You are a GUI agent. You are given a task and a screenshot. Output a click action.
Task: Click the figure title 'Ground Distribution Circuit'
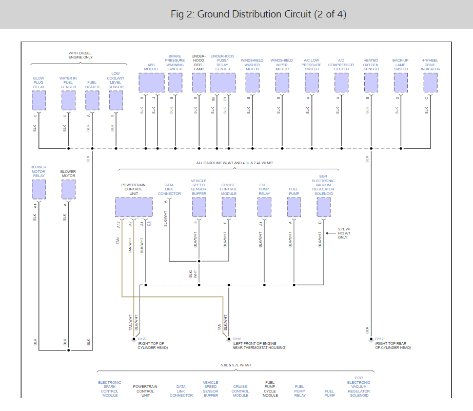click(259, 14)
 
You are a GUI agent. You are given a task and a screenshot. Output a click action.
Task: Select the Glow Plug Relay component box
click(39, 101)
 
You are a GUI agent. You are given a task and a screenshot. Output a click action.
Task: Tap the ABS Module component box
click(151, 82)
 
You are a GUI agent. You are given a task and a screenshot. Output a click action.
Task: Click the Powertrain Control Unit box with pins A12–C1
click(133, 207)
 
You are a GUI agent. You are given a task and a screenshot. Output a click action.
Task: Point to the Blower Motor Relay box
click(39, 189)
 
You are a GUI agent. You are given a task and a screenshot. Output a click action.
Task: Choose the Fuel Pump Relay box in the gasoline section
click(264, 207)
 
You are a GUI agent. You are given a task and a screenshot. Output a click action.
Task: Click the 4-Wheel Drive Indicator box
click(430, 82)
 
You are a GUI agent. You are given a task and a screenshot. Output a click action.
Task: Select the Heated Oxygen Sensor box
click(371, 82)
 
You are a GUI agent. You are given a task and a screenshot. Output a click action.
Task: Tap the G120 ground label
click(142, 339)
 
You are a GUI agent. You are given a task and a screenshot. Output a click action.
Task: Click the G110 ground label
click(237, 339)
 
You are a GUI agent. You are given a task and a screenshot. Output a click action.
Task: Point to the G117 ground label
click(379, 339)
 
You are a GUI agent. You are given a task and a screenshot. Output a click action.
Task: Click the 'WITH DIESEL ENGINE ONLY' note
click(81, 55)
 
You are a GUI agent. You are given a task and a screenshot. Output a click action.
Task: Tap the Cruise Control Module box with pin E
click(229, 207)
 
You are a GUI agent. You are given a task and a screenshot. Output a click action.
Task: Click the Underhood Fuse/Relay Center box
click(223, 82)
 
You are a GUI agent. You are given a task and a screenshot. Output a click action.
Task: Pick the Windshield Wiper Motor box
click(282, 82)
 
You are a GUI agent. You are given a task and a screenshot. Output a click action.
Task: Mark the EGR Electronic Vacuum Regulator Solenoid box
click(324, 207)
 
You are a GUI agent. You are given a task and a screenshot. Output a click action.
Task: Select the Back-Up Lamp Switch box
click(401, 82)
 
